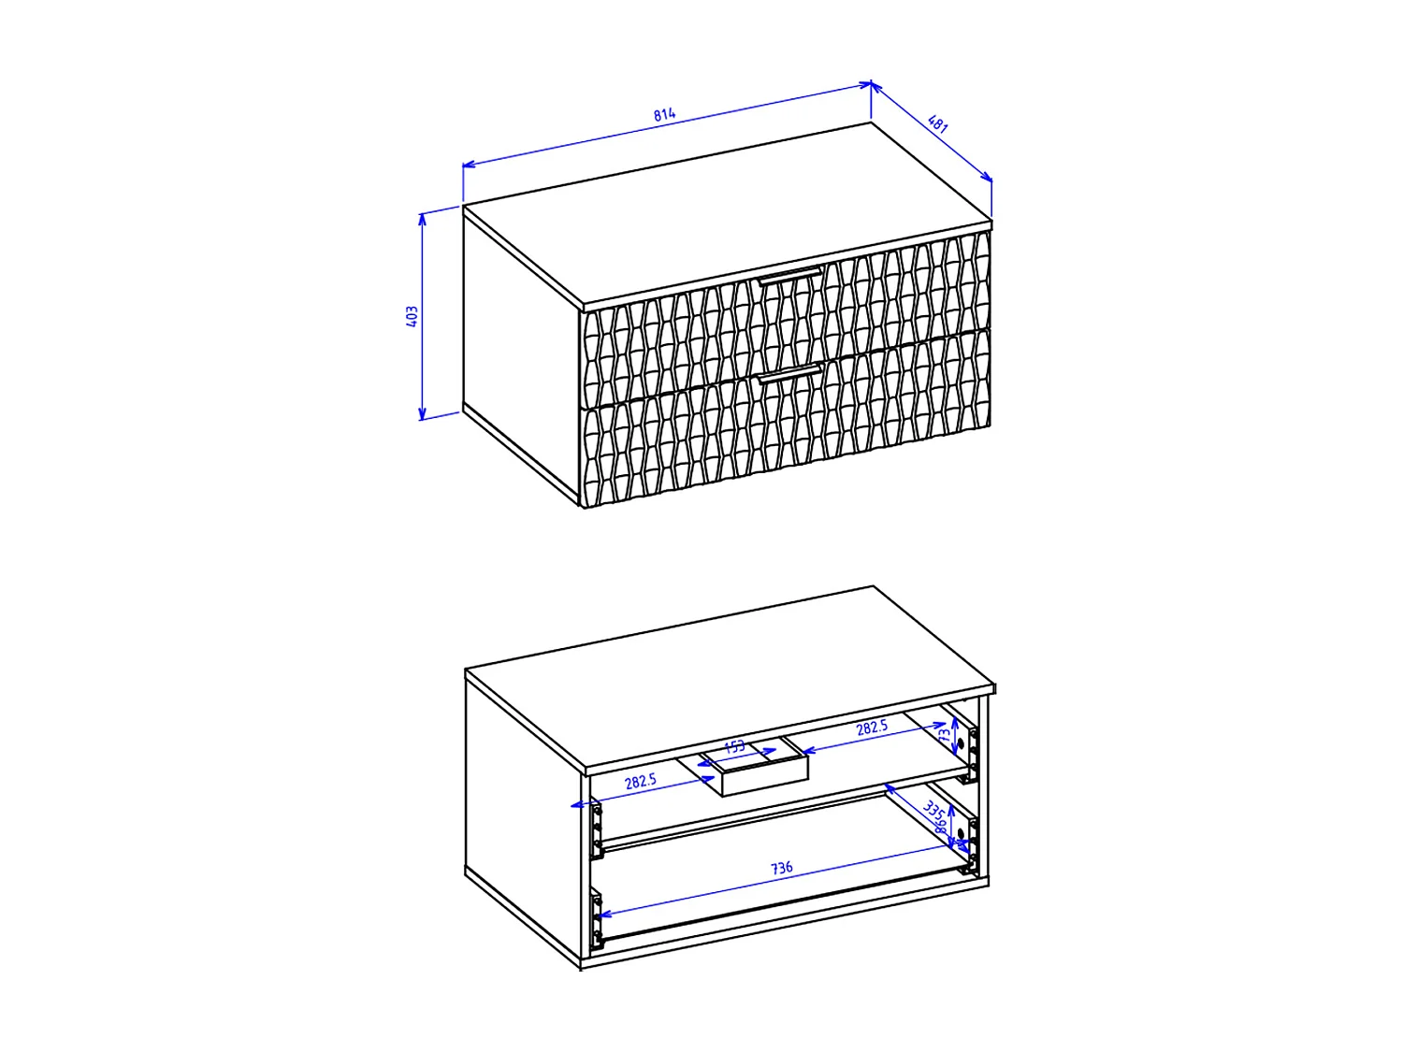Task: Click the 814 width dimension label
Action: (664, 115)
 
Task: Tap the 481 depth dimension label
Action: (938, 123)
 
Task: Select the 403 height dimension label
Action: (412, 316)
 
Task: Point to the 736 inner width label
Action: (781, 868)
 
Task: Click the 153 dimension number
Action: (735, 746)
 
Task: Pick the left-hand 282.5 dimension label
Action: (641, 781)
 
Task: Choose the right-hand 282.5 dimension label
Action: (872, 728)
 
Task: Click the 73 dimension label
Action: (945, 736)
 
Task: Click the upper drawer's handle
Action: (790, 274)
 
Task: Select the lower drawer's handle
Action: (790, 373)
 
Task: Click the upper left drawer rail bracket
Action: (596, 829)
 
